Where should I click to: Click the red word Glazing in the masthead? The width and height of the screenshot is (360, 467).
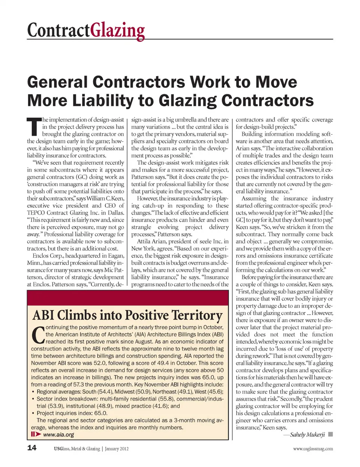[x=117, y=30]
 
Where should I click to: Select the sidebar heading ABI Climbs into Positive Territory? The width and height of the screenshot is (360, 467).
[x=127, y=315]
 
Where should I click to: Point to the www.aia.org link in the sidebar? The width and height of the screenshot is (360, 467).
[x=58, y=435]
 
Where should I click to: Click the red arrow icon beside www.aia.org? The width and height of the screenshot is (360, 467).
[x=36, y=434]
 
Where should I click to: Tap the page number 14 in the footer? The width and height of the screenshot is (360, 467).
[x=32, y=447]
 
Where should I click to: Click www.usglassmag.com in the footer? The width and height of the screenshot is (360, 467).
[x=313, y=449]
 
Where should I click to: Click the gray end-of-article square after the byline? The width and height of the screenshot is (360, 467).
[x=330, y=434]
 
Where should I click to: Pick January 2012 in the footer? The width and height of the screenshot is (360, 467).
[x=117, y=449]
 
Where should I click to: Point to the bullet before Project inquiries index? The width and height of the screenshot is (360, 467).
[x=33, y=413]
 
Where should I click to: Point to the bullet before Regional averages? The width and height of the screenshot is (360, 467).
[x=33, y=392]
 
